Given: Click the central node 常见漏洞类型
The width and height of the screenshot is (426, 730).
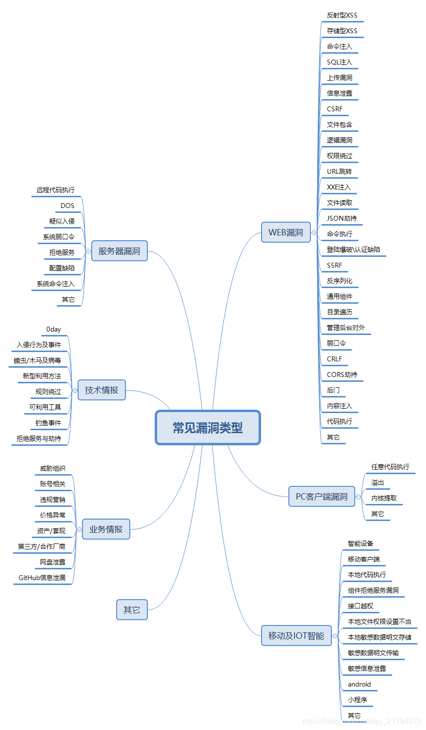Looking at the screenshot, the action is click(x=208, y=428).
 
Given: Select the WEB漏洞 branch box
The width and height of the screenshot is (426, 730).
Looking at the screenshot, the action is click(x=286, y=232).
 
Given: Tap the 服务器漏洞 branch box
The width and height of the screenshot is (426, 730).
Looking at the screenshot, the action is click(x=119, y=251).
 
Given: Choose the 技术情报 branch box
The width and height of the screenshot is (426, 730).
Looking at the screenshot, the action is click(x=101, y=390).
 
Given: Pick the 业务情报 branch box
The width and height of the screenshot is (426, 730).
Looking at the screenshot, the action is click(x=106, y=529).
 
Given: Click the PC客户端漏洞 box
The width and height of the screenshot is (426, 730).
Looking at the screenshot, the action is click(x=322, y=497).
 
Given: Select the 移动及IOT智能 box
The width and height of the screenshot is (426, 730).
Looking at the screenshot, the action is click(x=296, y=636).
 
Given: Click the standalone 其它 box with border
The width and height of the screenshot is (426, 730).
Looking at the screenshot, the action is click(x=132, y=610).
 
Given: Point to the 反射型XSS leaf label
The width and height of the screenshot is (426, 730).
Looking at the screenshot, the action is click(x=342, y=15).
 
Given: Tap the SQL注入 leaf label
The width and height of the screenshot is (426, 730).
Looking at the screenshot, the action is click(x=340, y=62).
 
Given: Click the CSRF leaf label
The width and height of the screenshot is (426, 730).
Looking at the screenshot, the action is click(x=335, y=109).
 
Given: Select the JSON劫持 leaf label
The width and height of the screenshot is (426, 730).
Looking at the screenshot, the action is click(x=342, y=218).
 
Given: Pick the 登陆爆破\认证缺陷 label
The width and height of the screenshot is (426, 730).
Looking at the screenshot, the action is click(x=353, y=250).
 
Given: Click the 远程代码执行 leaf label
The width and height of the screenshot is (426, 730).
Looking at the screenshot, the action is click(x=56, y=190).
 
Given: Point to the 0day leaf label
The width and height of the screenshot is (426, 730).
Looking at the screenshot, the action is click(x=54, y=329).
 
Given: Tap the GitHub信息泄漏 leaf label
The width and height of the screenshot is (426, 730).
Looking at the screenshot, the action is click(x=42, y=578).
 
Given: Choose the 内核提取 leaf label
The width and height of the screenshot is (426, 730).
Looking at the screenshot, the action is click(x=384, y=498).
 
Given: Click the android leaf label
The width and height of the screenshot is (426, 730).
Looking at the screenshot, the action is click(x=359, y=684).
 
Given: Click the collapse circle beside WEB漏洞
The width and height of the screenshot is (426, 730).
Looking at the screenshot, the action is click(x=314, y=233).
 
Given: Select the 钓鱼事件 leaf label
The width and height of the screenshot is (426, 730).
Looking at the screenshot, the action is click(x=48, y=423).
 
